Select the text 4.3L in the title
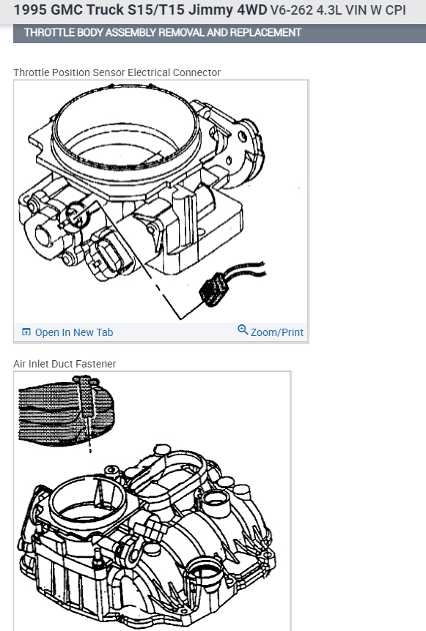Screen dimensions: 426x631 coord(329,10)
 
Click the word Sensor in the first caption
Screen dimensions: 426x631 coord(109,72)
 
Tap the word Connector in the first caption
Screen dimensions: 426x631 coord(197,72)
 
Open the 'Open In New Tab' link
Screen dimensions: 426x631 coord(74,332)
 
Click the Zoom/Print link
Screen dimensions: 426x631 coord(277,332)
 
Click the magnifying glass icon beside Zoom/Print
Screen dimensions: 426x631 coord(243,330)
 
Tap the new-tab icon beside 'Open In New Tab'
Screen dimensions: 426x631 coord(26,332)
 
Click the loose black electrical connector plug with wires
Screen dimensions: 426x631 coord(214,288)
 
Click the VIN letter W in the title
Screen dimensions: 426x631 coord(375,10)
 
